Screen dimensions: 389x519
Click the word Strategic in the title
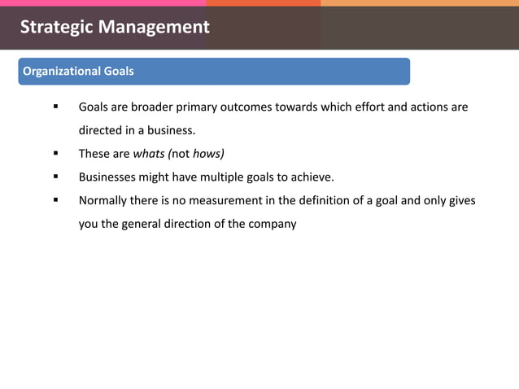[55, 27]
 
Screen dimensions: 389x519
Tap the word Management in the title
[153, 27]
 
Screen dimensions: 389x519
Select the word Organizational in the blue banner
[61, 72]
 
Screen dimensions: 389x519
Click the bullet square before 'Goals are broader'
[56, 107]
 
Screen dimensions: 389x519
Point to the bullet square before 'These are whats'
[56, 153]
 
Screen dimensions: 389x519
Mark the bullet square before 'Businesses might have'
[56, 177]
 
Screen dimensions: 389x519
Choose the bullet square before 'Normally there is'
[56, 200]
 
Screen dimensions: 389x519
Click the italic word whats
[149, 153]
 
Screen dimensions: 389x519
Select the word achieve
[312, 177]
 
